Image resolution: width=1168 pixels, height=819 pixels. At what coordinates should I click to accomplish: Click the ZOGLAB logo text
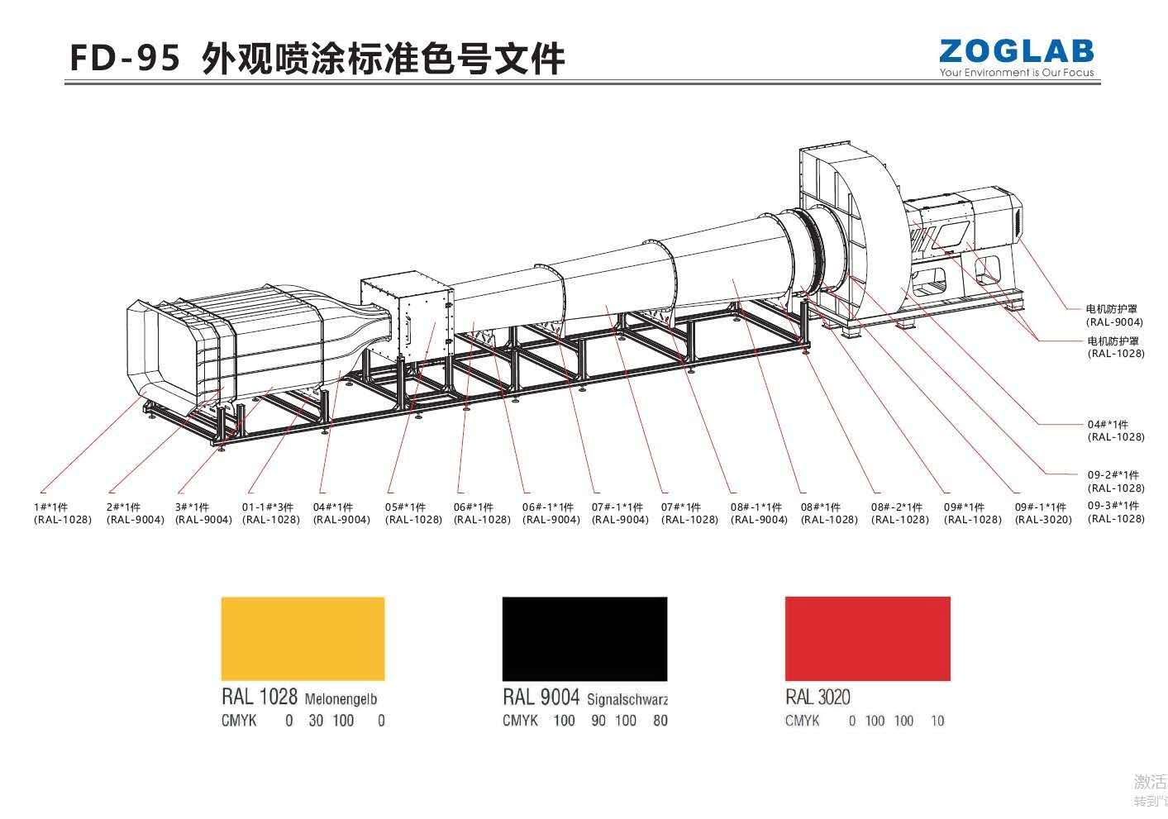(x=1016, y=51)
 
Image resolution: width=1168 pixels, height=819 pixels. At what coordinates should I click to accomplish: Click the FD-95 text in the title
(x=125, y=59)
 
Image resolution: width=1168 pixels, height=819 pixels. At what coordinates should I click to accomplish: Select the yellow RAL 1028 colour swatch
(x=303, y=638)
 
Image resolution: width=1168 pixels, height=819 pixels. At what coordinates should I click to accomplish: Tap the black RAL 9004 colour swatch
(x=584, y=638)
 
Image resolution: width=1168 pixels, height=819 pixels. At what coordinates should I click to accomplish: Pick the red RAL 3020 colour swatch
(x=867, y=638)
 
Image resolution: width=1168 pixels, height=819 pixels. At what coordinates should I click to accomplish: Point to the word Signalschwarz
(x=627, y=699)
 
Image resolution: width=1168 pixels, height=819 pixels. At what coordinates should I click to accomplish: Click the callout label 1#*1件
(x=51, y=507)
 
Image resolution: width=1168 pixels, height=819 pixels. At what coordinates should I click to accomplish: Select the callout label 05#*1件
(x=406, y=507)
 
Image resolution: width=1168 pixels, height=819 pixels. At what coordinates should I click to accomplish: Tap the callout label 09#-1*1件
(x=1040, y=507)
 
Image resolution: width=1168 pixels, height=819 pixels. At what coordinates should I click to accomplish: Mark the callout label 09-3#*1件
(x=1113, y=506)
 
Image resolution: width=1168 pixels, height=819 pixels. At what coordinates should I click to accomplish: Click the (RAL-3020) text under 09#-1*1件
(x=1043, y=520)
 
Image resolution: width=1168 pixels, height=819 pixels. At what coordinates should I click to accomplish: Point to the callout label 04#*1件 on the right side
(x=1108, y=425)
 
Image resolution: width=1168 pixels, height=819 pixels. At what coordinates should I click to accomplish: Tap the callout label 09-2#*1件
(x=1113, y=475)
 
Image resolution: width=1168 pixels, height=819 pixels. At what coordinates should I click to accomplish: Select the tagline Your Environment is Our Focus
(x=1016, y=73)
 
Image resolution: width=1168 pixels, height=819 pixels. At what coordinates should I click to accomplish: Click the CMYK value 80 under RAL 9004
(x=660, y=721)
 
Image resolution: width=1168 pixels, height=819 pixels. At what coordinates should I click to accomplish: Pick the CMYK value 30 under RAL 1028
(x=316, y=721)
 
